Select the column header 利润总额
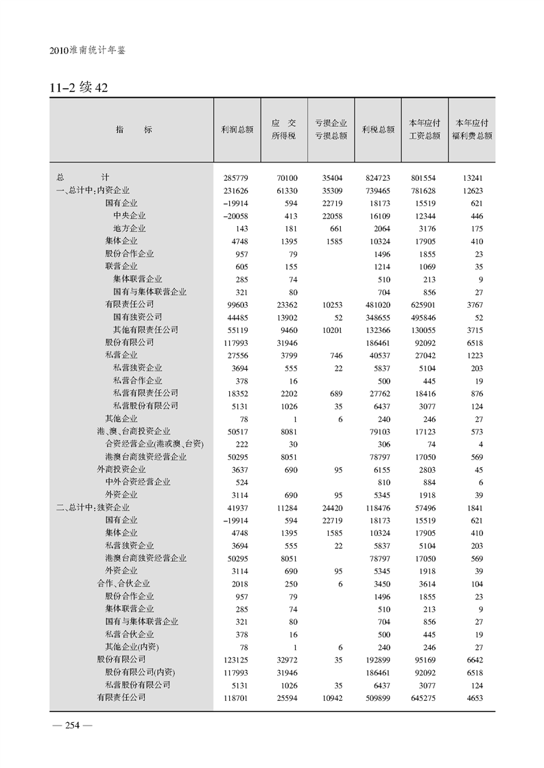click(237, 129)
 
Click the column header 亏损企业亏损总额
click(331, 129)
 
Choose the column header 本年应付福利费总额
click(471, 129)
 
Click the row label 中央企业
click(130, 216)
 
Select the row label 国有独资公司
click(138, 317)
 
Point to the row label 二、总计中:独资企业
click(93, 507)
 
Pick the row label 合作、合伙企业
click(123, 583)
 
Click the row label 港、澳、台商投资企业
click(133, 431)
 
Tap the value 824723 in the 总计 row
click(377, 177)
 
